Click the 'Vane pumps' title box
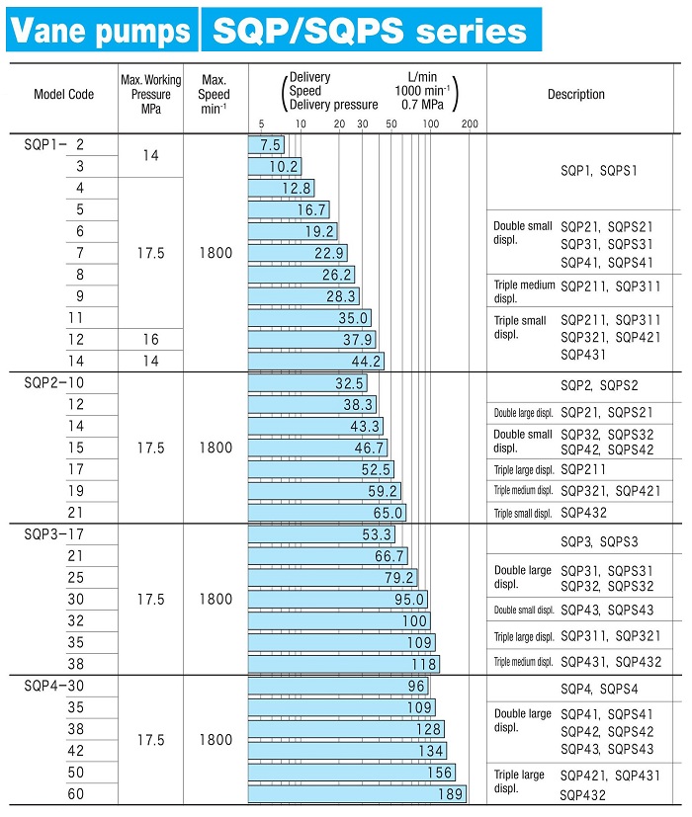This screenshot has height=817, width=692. pyautogui.click(x=98, y=31)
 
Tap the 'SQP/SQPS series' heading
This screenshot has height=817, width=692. pyautogui.click(x=371, y=31)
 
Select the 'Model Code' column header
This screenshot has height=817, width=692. pyautogui.click(x=63, y=95)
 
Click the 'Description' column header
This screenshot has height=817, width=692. pyautogui.click(x=575, y=95)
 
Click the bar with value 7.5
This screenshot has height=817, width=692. pyautogui.click(x=266, y=144)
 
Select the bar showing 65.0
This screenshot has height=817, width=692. pyautogui.click(x=326, y=513)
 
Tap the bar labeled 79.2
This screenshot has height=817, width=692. pyautogui.click(x=332, y=578)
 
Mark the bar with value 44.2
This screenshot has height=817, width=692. pyautogui.click(x=315, y=361)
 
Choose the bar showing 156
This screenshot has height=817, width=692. pyautogui.click(x=351, y=773)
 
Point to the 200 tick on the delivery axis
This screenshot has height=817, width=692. pyautogui.click(x=470, y=123)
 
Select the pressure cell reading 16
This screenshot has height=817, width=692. pyautogui.click(x=150, y=339)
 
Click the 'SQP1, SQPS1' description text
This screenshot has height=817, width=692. pyautogui.click(x=599, y=170)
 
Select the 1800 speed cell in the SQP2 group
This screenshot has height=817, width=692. pyautogui.click(x=215, y=448)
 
